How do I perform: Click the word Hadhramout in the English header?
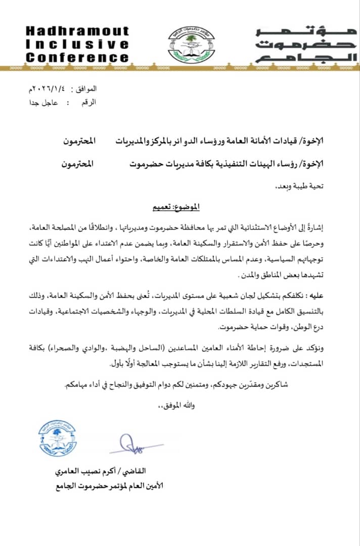click(77, 32)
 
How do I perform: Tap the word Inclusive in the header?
click(77, 44)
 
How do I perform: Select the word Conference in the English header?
click(77, 57)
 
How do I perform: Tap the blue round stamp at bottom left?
click(57, 438)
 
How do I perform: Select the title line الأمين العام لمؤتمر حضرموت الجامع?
click(109, 486)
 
